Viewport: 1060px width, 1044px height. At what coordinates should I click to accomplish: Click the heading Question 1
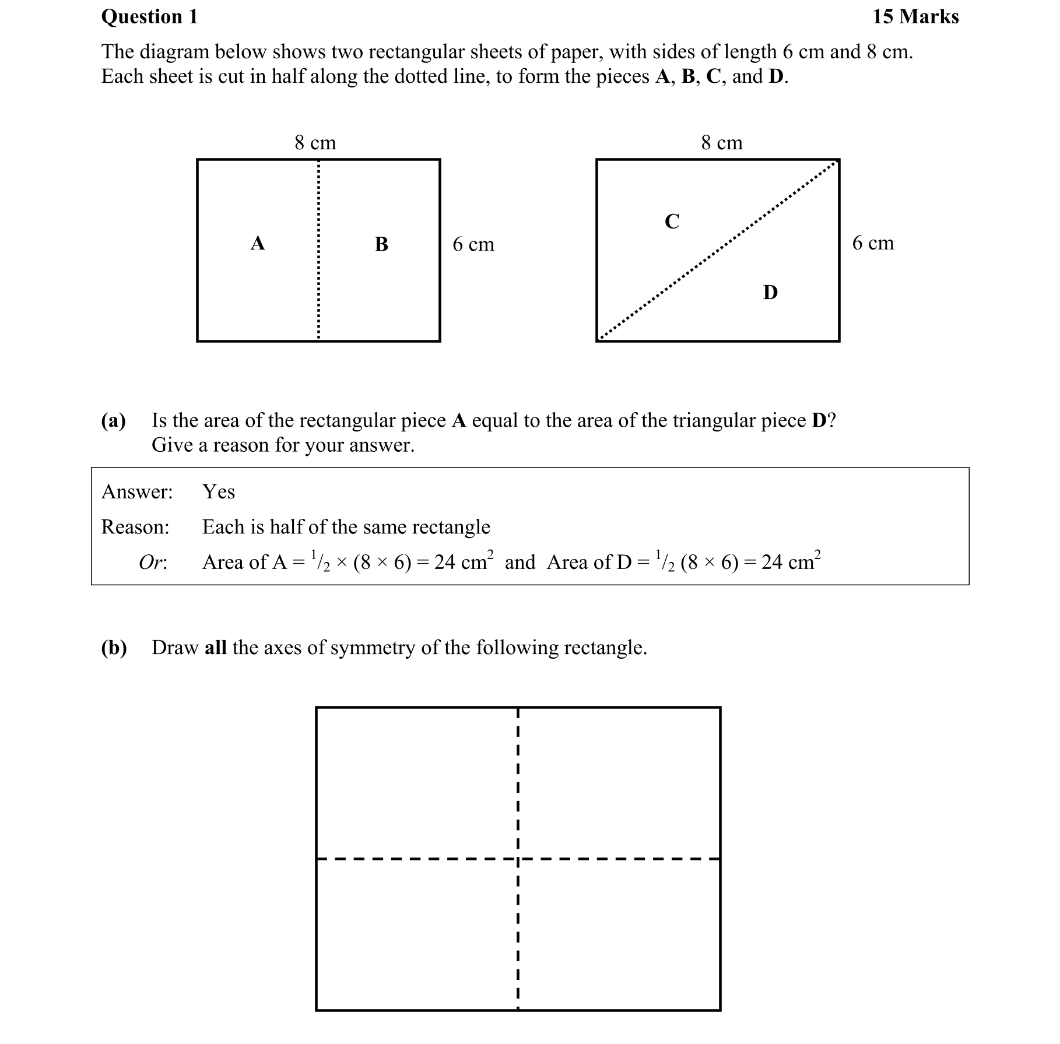(149, 17)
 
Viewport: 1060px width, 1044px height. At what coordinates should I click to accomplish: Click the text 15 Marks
(915, 17)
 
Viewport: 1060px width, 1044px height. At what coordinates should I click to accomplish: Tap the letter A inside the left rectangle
(258, 243)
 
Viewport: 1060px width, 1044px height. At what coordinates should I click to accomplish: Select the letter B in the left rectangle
(381, 244)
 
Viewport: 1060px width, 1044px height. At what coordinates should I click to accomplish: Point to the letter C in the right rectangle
(672, 222)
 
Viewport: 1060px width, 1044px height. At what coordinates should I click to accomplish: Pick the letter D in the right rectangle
(770, 293)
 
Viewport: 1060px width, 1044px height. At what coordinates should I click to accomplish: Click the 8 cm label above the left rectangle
(315, 143)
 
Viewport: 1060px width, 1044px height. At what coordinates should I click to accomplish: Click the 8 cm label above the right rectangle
(721, 143)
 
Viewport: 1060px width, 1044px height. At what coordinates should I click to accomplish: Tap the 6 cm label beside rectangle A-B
(473, 244)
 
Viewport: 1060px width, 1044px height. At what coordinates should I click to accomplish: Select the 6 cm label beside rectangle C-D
(872, 243)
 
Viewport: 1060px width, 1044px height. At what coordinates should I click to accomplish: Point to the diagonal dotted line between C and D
(718, 251)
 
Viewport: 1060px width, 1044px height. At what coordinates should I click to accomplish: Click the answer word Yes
(219, 492)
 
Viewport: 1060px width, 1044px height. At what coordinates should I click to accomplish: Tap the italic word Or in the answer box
(152, 563)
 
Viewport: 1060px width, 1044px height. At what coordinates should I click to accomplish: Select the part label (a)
(113, 421)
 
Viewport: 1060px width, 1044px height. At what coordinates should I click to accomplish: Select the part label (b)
(114, 648)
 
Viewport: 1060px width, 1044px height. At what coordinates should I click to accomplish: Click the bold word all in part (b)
(215, 648)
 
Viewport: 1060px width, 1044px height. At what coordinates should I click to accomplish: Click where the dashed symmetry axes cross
(518, 859)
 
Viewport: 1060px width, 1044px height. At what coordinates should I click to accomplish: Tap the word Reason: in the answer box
(135, 527)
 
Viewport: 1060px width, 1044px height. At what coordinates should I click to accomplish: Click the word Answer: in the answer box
(137, 492)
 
